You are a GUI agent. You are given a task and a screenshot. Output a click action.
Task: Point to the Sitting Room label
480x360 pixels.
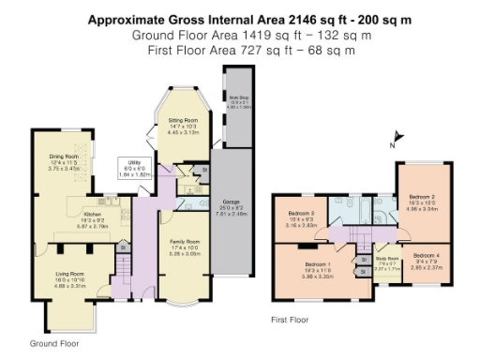pyautogui.click(x=182, y=121)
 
